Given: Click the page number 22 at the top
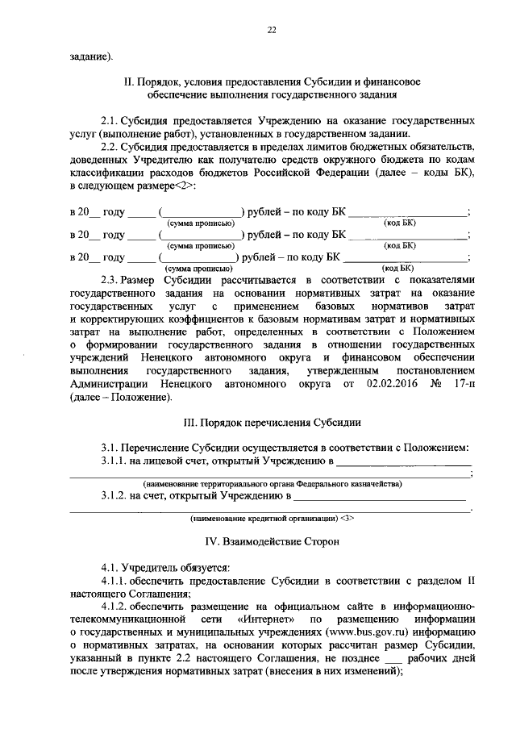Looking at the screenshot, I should point(271,30).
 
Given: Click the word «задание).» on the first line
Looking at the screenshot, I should point(90,56).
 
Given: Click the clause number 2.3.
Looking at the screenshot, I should point(110,278).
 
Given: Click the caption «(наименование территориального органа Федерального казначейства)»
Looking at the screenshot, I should point(271,484).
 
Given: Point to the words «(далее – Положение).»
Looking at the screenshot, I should point(121,396).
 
